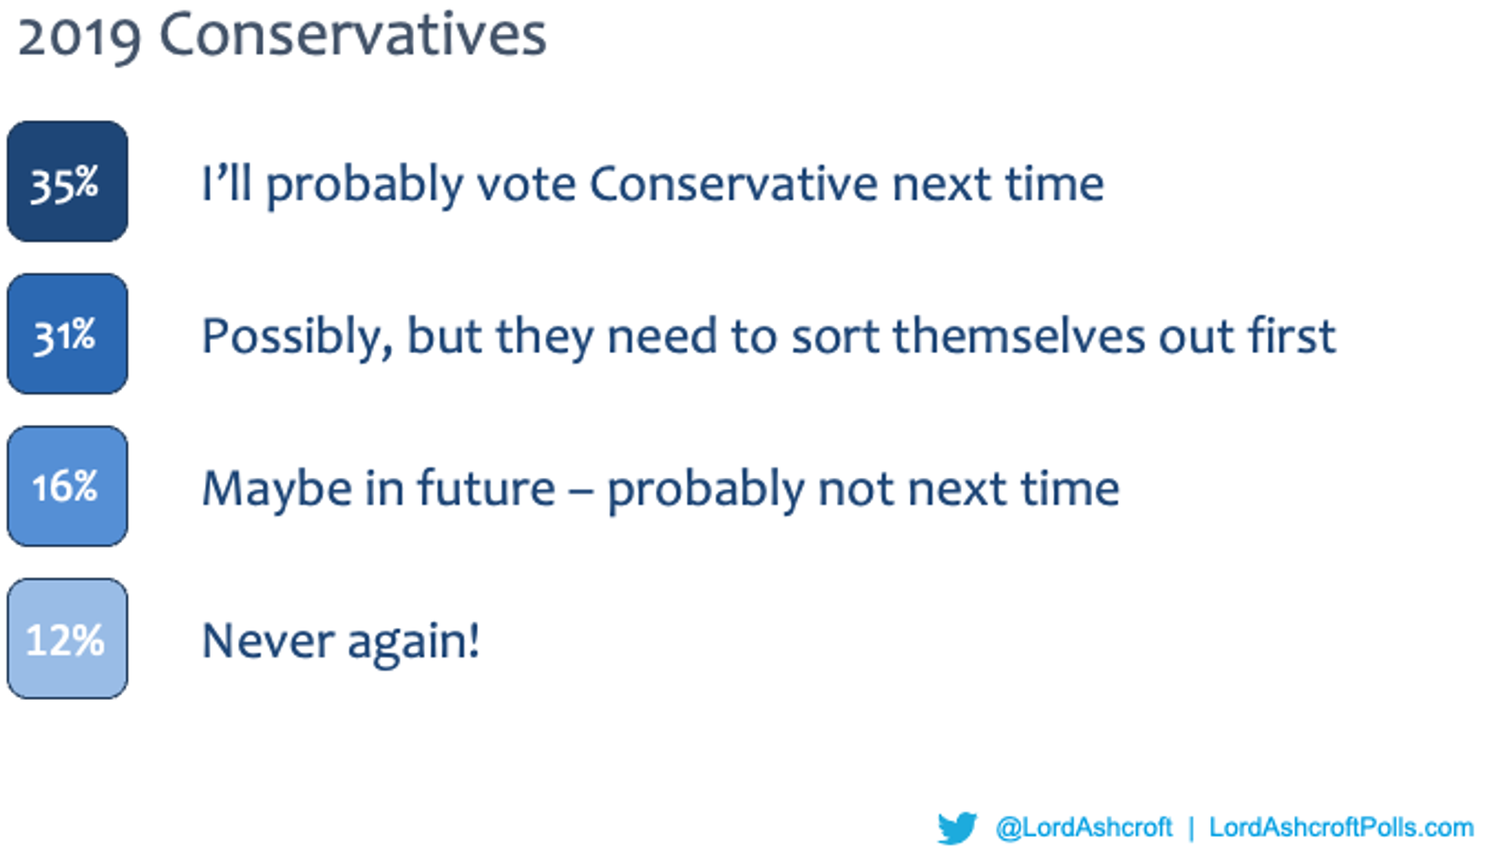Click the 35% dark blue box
point(67,181)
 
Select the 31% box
point(67,334)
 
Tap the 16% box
point(67,486)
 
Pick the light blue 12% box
point(67,638)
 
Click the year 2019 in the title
point(79,37)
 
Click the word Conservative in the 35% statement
point(733,184)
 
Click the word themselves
point(1019,336)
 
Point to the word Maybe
point(277,491)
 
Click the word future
point(486,488)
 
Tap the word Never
point(268,641)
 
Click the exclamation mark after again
point(473,639)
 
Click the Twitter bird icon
point(957,828)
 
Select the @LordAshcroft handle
point(1084,828)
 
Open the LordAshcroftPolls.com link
point(1342,827)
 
